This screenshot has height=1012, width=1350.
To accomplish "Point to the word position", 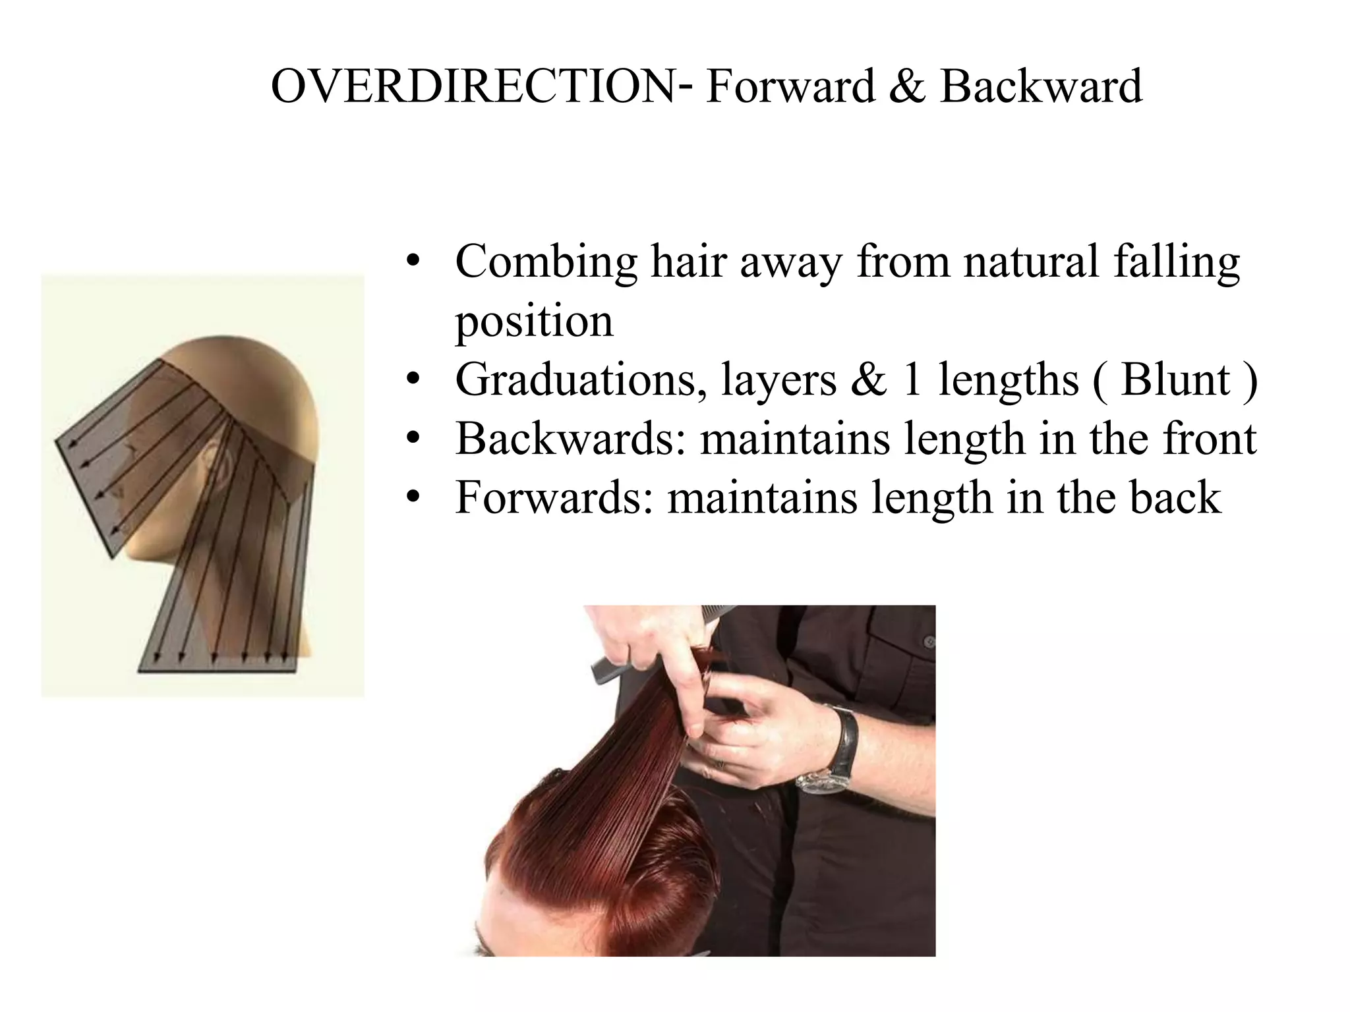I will tap(534, 322).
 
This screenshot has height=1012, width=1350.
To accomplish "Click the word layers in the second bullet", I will tap(778, 380).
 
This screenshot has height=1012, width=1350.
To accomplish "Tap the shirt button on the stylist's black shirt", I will tap(929, 641).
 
